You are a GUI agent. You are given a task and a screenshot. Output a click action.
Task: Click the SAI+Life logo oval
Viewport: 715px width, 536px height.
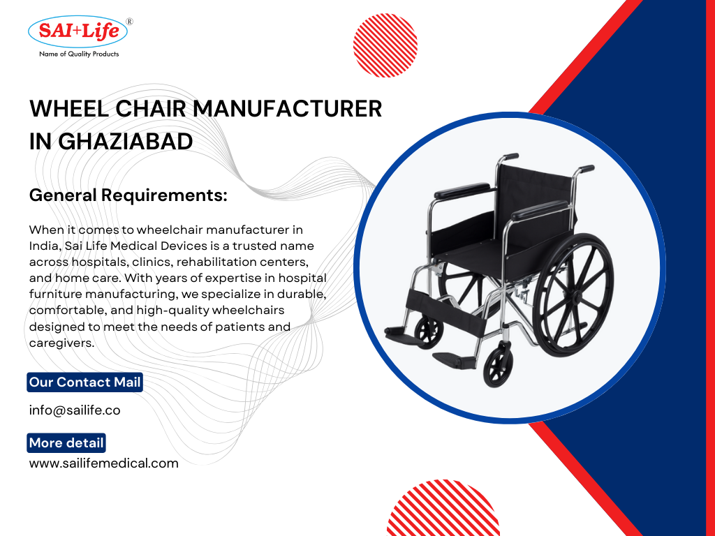click(x=78, y=31)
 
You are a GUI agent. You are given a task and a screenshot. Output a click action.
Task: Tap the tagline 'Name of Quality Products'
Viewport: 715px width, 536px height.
click(x=79, y=54)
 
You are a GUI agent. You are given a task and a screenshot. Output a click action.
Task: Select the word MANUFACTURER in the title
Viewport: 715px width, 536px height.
click(x=288, y=109)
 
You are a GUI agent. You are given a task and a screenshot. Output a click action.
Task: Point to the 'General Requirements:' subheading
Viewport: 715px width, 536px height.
click(x=128, y=195)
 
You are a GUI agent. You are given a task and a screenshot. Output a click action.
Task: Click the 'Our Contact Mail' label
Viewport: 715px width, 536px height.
click(x=85, y=382)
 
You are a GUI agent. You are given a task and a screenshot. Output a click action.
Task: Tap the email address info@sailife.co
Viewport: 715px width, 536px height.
click(x=75, y=410)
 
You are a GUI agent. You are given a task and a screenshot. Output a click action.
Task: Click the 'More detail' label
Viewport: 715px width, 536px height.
click(x=66, y=442)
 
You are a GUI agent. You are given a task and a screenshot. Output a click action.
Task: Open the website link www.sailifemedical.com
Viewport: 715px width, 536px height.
click(x=103, y=463)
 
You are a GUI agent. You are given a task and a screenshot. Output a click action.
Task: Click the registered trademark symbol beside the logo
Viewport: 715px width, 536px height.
click(x=129, y=22)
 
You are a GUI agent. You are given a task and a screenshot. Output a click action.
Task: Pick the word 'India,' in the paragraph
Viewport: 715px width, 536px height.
click(x=46, y=246)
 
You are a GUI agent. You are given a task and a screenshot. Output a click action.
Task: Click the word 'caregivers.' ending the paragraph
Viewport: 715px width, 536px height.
click(x=61, y=343)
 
